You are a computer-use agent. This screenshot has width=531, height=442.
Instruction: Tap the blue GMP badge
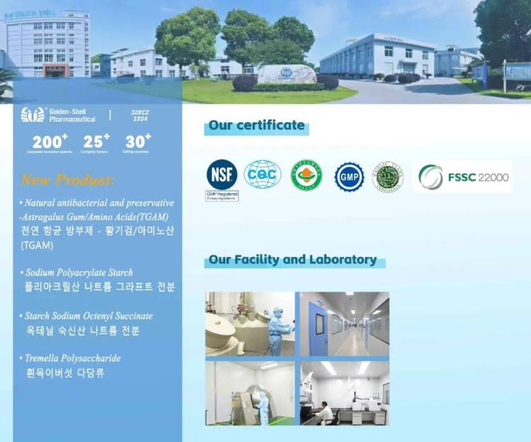[x=349, y=176]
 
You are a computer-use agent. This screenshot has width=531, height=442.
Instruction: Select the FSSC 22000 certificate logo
[x=463, y=177]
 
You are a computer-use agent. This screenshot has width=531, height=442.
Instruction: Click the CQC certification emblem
[x=263, y=174]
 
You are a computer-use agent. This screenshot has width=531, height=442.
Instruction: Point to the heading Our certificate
[x=256, y=126]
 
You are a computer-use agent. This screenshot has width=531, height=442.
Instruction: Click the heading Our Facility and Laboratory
[x=292, y=260]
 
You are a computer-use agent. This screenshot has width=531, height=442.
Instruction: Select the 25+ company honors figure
[x=96, y=142]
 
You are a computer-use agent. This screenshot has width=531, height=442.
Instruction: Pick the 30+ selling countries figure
[x=138, y=142]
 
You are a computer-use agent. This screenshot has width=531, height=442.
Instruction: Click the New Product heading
[x=67, y=179]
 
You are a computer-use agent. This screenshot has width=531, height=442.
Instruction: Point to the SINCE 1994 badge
[x=140, y=115]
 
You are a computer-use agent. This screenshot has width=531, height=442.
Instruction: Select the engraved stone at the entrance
[x=286, y=74]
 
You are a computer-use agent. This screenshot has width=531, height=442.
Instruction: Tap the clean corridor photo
[x=344, y=324]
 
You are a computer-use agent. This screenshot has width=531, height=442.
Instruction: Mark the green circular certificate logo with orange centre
[x=306, y=175]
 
